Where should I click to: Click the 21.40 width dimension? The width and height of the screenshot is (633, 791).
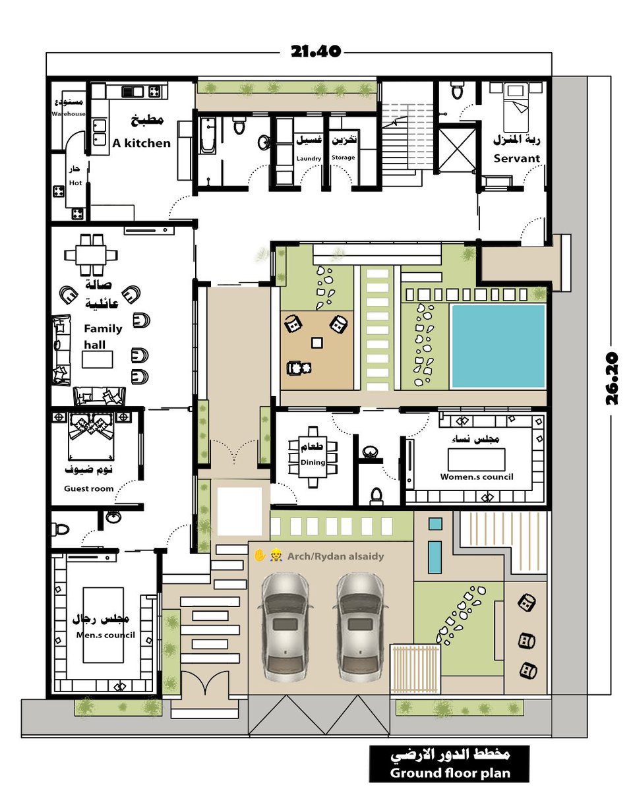point(315,51)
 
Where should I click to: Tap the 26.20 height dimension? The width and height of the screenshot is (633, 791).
point(611,379)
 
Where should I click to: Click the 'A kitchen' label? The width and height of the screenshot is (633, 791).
point(141,143)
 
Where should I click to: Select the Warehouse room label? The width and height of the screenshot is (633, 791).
point(69,114)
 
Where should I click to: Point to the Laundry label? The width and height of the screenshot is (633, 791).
point(309,158)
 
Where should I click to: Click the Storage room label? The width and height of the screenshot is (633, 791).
point(343,158)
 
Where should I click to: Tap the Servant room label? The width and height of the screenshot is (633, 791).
point(516,158)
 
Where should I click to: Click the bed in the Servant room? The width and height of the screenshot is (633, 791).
point(516,107)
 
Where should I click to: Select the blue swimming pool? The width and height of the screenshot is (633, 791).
point(498,346)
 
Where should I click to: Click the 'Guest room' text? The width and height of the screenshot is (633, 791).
point(88,488)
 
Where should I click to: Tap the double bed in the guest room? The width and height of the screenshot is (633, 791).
point(91,436)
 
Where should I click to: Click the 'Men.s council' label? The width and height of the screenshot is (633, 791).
point(105,635)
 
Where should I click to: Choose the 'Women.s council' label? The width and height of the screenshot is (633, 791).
point(477,477)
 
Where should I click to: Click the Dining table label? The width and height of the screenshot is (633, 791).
point(313,462)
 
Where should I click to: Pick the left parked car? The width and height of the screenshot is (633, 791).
point(286,630)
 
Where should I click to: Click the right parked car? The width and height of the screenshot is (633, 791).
point(361,630)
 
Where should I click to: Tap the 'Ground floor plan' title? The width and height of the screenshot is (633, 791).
point(450,773)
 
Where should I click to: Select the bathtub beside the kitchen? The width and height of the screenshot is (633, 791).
point(208,135)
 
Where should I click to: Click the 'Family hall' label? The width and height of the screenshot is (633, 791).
point(103,336)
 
